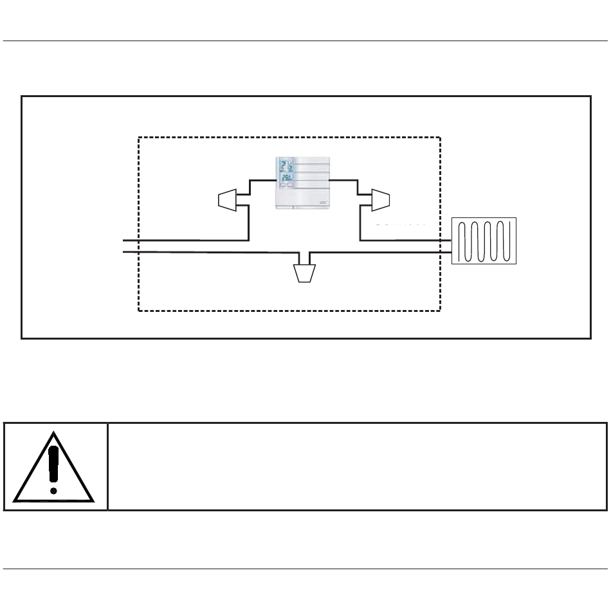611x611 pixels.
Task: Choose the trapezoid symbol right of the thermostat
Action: click(x=381, y=200)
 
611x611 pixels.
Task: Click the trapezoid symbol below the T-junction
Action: click(x=304, y=273)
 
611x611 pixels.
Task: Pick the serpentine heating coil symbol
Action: click(x=484, y=241)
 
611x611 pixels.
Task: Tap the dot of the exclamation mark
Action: click(x=53, y=490)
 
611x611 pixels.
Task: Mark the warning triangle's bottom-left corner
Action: click(x=15, y=500)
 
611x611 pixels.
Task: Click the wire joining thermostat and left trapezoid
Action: click(x=260, y=182)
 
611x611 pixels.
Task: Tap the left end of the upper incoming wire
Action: click(x=123, y=240)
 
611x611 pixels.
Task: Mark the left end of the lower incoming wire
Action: click(x=123, y=252)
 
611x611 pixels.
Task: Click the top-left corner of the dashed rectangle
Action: click(x=139, y=137)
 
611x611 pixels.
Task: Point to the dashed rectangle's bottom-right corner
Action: click(x=440, y=311)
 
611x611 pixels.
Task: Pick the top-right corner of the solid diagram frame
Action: click(x=590, y=96)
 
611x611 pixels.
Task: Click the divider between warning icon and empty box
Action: click(x=107, y=466)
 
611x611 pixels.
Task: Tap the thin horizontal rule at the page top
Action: click(x=305, y=41)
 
